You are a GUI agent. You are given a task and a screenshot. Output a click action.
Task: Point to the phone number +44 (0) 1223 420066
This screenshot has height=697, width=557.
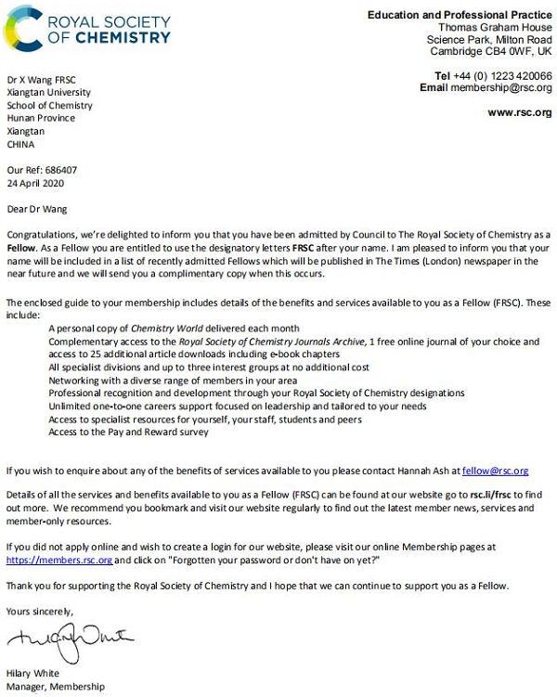point(501,76)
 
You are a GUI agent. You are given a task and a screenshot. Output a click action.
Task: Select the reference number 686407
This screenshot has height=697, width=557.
point(63,171)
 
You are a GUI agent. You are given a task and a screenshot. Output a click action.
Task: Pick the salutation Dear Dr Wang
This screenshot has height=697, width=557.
point(37,210)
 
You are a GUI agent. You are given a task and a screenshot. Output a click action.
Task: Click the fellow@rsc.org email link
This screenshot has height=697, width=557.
point(496,471)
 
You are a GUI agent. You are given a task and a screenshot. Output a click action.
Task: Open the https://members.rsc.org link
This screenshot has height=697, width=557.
point(59,561)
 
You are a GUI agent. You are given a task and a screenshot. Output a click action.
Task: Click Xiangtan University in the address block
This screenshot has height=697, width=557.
point(48,93)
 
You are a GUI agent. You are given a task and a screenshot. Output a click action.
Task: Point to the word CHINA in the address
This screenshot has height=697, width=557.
point(19,145)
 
